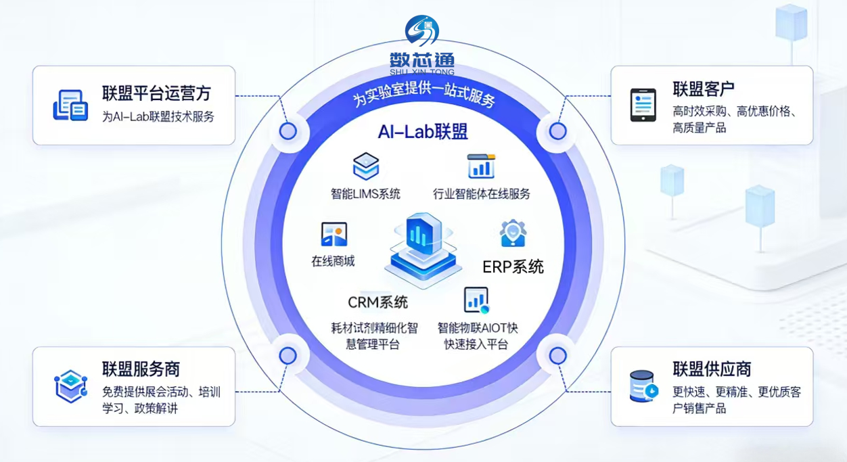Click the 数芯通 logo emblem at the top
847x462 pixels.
(422, 31)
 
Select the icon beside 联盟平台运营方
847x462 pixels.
(70, 106)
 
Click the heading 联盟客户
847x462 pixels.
(704, 89)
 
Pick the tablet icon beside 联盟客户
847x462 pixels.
(643, 105)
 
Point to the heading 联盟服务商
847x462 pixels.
(141, 369)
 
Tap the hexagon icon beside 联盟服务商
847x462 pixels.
(70, 386)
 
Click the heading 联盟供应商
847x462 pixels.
(712, 369)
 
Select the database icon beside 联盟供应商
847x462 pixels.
(643, 386)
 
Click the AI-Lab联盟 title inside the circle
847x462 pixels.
(423, 131)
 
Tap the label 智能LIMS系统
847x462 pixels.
(365, 194)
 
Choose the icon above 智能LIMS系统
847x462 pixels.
(366, 166)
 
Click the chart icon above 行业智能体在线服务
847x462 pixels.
(481, 166)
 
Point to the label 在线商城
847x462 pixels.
(333, 262)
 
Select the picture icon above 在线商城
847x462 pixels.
(334, 234)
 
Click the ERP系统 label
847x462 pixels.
(513, 267)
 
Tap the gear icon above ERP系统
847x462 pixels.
(513, 234)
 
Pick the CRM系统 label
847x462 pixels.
(378, 302)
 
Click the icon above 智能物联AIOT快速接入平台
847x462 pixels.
(476, 300)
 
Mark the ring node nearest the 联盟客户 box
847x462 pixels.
(557, 131)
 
